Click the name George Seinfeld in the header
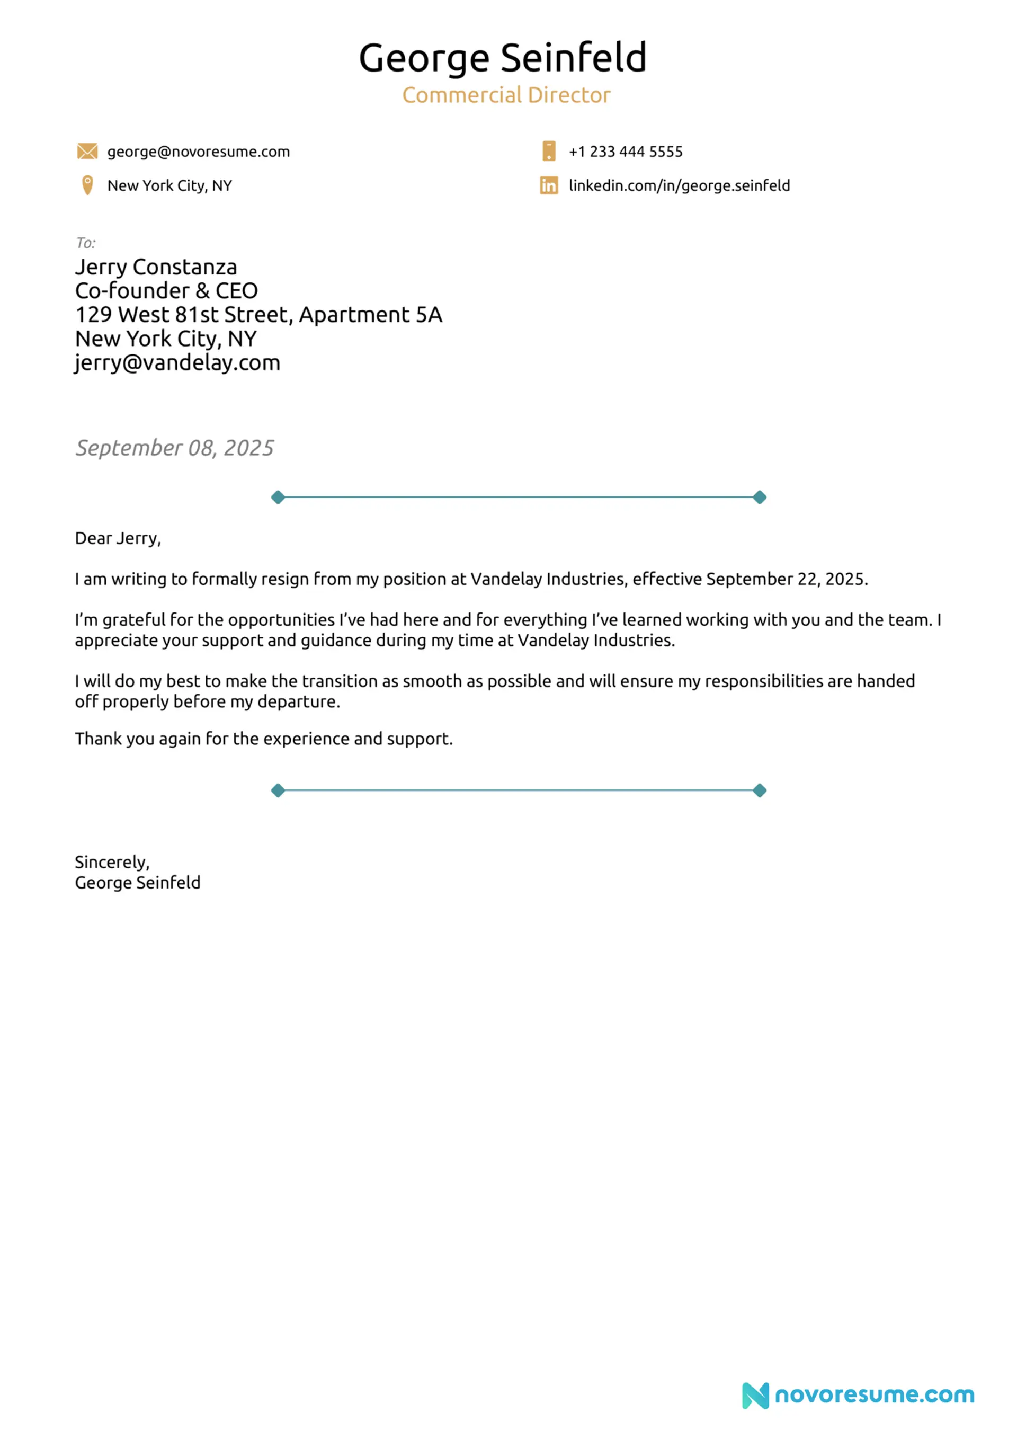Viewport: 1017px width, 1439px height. click(x=502, y=58)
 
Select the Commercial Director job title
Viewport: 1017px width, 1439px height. click(x=506, y=95)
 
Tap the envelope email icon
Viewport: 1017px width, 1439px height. click(x=87, y=151)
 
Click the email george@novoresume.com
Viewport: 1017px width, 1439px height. click(x=198, y=152)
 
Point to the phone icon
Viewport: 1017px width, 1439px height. click(x=548, y=151)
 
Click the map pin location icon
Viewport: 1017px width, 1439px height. click(x=87, y=185)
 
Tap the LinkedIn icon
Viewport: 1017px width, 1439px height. click(x=548, y=185)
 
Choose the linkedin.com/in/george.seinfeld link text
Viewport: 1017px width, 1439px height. click(x=679, y=185)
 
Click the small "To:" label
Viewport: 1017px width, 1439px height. click(x=85, y=243)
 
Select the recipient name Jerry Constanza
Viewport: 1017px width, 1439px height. click(x=156, y=267)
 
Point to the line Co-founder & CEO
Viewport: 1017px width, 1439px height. click(x=166, y=291)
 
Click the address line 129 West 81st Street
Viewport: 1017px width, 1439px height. click(x=258, y=315)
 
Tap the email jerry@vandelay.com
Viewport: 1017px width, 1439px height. click(x=177, y=363)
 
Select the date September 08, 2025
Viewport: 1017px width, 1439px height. click(x=174, y=448)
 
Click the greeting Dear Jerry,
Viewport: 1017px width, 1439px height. click(x=118, y=538)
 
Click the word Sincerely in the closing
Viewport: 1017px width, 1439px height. click(x=111, y=863)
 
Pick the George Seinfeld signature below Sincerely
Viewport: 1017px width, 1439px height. click(x=137, y=883)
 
